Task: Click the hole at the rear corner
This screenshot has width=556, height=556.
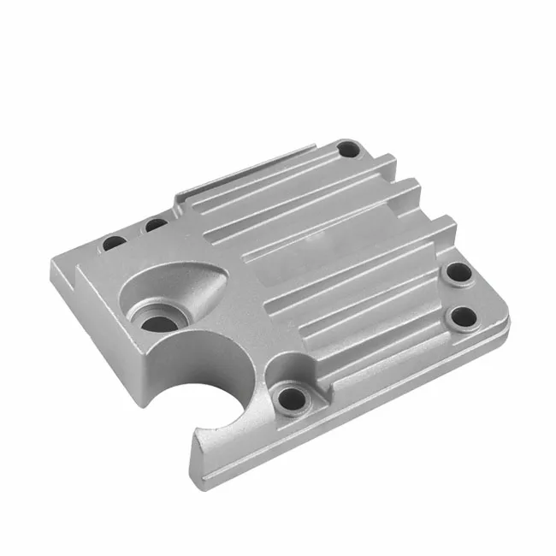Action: point(347,151)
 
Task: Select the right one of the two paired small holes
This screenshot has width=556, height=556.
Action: point(156,226)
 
